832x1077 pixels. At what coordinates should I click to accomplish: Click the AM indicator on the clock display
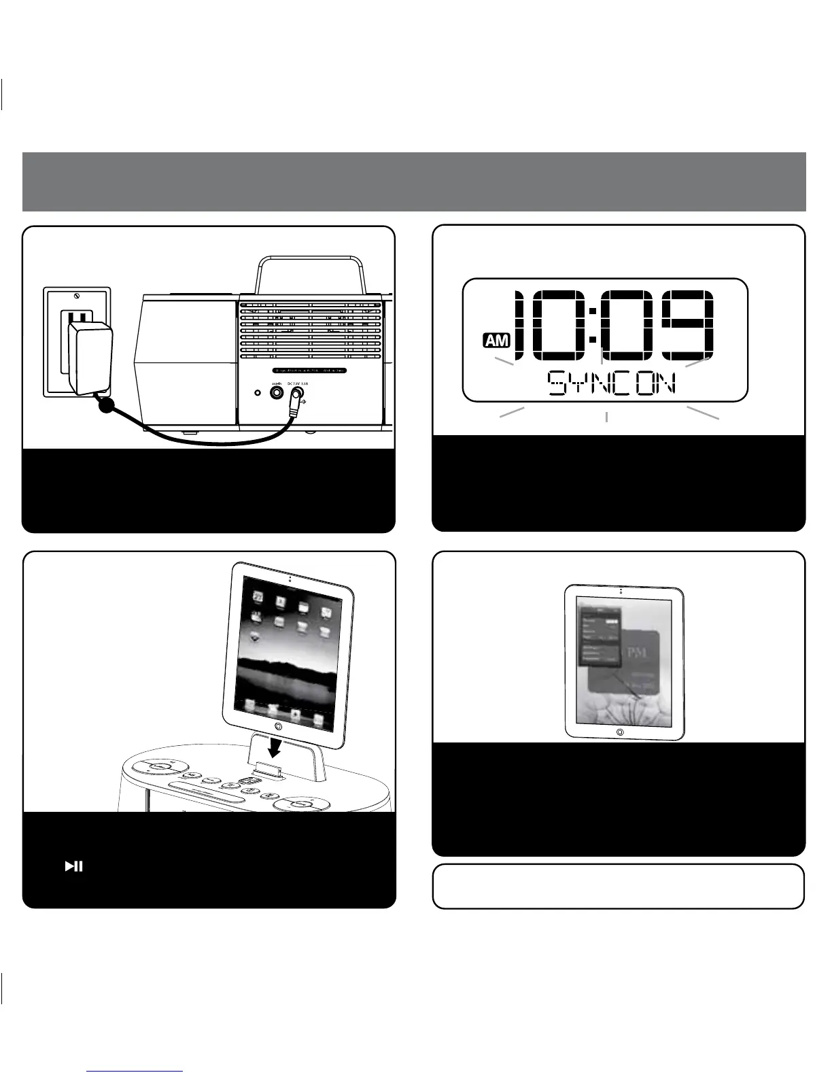tap(496, 341)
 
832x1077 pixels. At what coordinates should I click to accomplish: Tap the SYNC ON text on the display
tap(612, 384)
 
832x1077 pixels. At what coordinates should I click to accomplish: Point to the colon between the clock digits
tap(593, 324)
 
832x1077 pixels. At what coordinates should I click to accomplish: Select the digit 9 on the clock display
tap(689, 324)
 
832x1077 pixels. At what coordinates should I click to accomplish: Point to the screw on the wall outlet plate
tap(77, 296)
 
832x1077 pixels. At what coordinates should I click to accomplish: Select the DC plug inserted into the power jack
tap(294, 405)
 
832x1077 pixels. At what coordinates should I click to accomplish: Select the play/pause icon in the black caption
tap(73, 866)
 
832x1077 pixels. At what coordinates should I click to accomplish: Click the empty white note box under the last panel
tap(618, 886)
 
